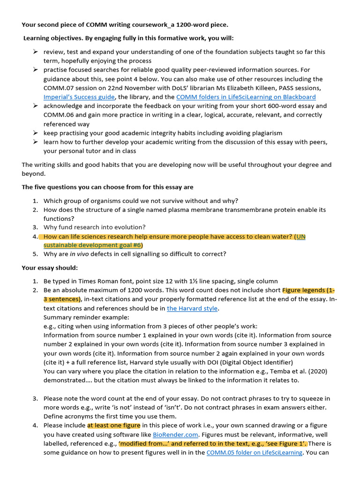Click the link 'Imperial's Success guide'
point(79,97)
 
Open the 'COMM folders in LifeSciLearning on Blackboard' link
point(246,97)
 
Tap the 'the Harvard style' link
point(192,308)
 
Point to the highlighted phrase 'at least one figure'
point(113,426)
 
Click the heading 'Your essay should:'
point(50,268)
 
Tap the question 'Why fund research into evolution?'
point(95,227)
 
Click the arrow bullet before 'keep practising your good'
point(35,133)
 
